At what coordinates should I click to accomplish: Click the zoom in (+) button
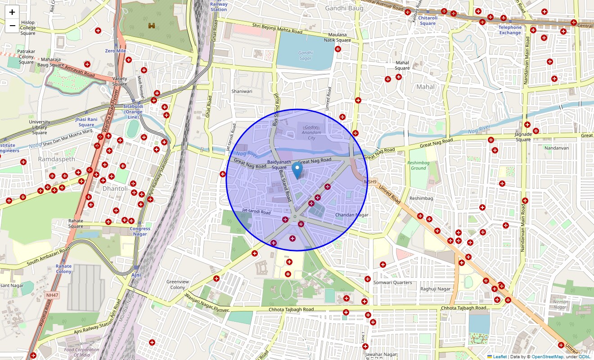[x=12, y=12]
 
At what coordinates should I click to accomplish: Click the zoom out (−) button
[x=12, y=26]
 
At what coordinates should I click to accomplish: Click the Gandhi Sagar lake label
[x=305, y=55]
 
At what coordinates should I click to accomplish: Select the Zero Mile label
[x=115, y=51]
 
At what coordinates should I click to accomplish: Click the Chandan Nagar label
[x=351, y=215]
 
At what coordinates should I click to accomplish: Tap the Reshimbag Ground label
[x=418, y=165]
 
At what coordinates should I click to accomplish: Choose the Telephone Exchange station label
[x=510, y=30]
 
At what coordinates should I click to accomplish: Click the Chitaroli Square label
[x=427, y=21]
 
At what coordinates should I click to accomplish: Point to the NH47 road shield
[x=52, y=295]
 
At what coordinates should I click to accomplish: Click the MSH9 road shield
[x=370, y=182]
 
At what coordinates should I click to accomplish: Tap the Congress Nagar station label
[x=140, y=231]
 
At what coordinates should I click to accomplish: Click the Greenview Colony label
[x=177, y=284]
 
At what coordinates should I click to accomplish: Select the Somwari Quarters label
[x=392, y=282]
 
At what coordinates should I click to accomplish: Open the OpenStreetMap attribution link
[x=547, y=357]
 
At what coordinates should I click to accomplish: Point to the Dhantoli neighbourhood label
[x=115, y=189]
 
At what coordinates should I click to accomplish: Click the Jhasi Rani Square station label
[x=86, y=122]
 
